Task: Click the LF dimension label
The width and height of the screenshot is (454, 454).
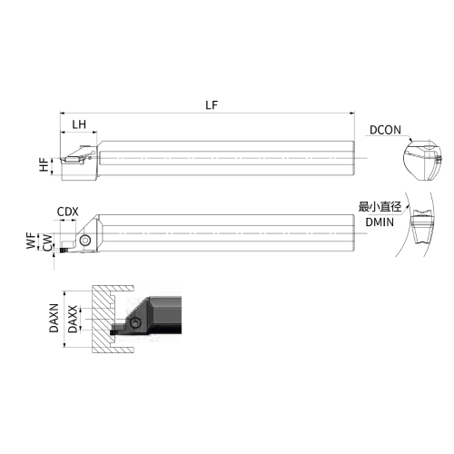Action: (x=212, y=105)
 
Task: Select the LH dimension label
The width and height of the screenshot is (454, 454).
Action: (x=79, y=124)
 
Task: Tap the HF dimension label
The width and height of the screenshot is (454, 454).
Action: (x=44, y=164)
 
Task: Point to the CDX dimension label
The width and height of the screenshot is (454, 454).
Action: (x=68, y=212)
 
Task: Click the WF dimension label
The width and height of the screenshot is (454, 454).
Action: (x=31, y=241)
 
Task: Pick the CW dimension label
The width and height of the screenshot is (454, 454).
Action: (x=47, y=242)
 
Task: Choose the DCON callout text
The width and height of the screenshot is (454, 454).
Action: (x=385, y=130)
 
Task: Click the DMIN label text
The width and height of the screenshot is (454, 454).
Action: (x=380, y=222)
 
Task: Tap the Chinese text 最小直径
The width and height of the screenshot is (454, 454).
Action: (x=380, y=207)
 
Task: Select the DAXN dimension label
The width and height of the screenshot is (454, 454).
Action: (x=54, y=318)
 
